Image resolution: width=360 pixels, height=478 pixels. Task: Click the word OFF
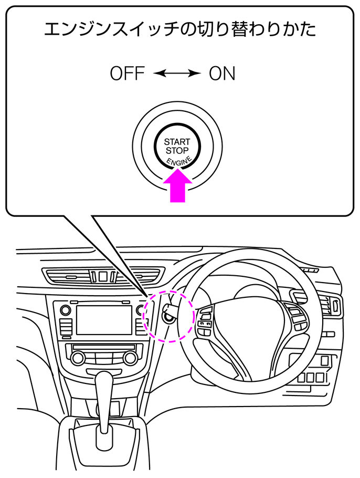click(127, 74)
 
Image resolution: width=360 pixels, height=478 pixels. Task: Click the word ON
click(222, 74)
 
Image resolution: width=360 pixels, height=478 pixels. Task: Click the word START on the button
click(177, 142)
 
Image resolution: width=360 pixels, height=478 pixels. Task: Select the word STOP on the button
click(177, 151)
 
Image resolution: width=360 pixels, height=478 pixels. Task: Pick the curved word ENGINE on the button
click(178, 161)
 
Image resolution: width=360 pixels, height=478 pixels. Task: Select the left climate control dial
click(78, 358)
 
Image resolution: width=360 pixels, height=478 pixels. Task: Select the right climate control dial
click(129, 358)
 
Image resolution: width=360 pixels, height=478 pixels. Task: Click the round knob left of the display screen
click(65, 310)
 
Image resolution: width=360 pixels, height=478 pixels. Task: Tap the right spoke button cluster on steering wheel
click(296, 316)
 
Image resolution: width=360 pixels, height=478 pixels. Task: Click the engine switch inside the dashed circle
click(169, 316)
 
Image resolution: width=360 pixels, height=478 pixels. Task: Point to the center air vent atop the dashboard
click(103, 275)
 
